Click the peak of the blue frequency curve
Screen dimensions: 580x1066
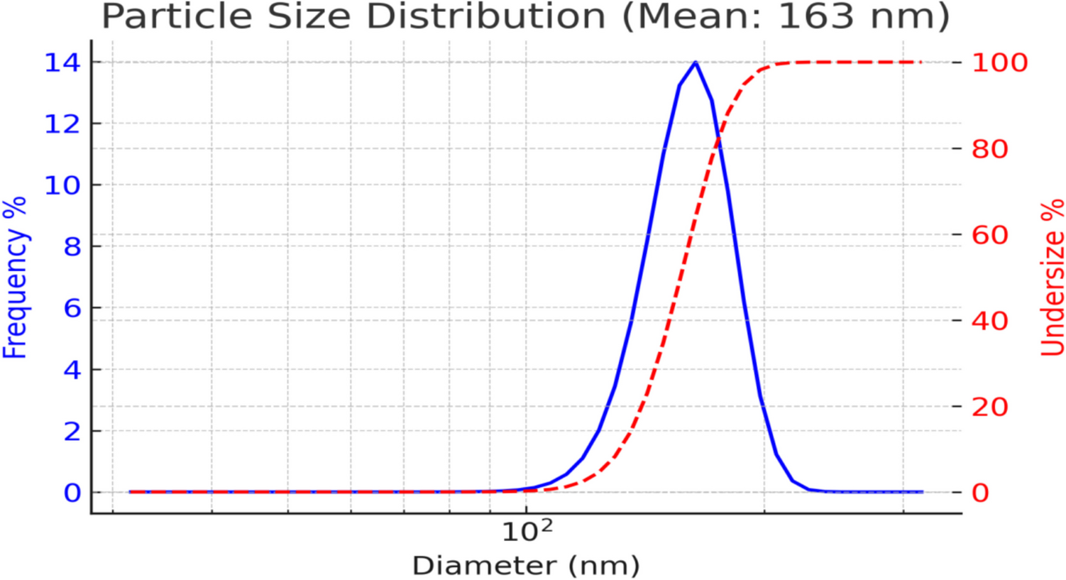[695, 62]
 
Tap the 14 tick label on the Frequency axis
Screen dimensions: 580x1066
[62, 62]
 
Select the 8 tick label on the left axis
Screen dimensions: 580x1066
[72, 246]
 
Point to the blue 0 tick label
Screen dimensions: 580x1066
[72, 492]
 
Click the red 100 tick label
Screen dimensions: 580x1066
[999, 62]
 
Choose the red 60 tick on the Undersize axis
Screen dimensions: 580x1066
[989, 234]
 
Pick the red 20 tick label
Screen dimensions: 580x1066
[989, 407]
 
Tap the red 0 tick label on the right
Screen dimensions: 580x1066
[980, 492]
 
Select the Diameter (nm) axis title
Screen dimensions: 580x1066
[526, 566]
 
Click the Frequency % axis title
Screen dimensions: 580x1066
[15, 278]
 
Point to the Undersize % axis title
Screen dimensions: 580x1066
[1053, 278]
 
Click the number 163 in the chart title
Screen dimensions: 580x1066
[815, 16]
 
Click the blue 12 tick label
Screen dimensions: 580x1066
[62, 124]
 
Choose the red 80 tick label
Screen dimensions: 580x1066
[989, 148]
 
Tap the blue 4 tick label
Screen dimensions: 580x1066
[72, 369]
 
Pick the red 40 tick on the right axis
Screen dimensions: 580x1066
[989, 321]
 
